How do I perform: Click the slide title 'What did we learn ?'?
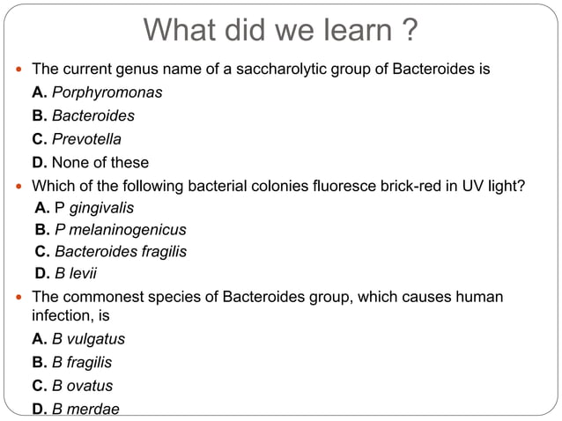[x=280, y=31]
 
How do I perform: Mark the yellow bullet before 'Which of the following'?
[x=19, y=187]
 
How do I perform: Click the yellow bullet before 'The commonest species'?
[x=19, y=298]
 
